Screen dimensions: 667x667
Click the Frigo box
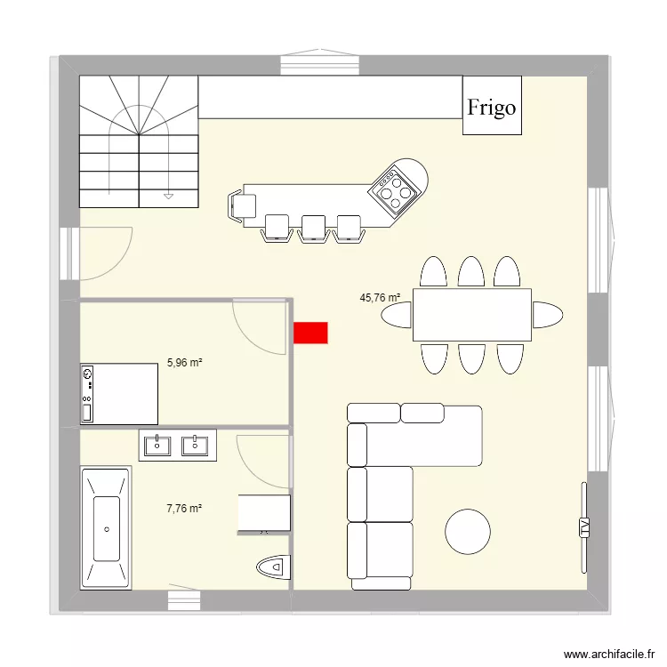click(x=491, y=106)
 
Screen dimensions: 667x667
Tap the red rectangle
click(x=310, y=333)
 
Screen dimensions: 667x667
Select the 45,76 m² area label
click(x=380, y=298)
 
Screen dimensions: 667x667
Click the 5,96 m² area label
click(x=185, y=363)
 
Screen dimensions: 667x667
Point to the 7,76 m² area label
click(x=184, y=509)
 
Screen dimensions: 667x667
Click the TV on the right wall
click(x=584, y=527)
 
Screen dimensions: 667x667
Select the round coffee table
click(x=467, y=531)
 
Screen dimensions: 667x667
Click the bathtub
click(x=107, y=527)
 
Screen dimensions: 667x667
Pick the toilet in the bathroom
click(x=272, y=565)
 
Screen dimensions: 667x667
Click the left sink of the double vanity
click(x=157, y=444)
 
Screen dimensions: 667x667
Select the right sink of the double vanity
click(x=195, y=444)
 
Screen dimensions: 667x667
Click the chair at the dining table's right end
click(x=547, y=315)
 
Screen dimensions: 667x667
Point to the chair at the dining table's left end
click(x=398, y=315)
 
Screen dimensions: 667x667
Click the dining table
click(x=471, y=315)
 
